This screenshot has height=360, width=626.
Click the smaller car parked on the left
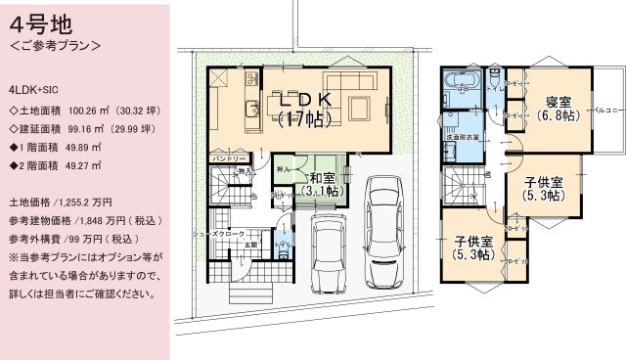click(328, 257)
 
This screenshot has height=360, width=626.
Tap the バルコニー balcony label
click(610, 102)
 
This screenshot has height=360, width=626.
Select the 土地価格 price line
click(55, 202)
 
